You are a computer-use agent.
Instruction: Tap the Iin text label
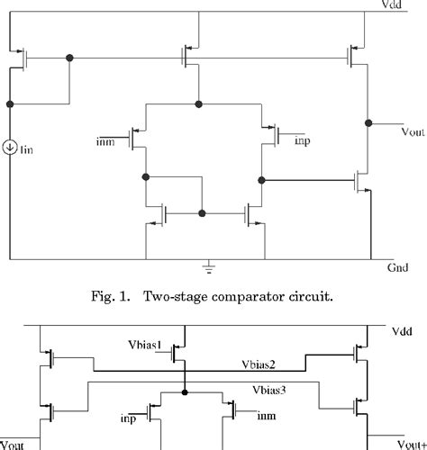coord(28,148)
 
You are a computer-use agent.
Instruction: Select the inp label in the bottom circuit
coord(128,418)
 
